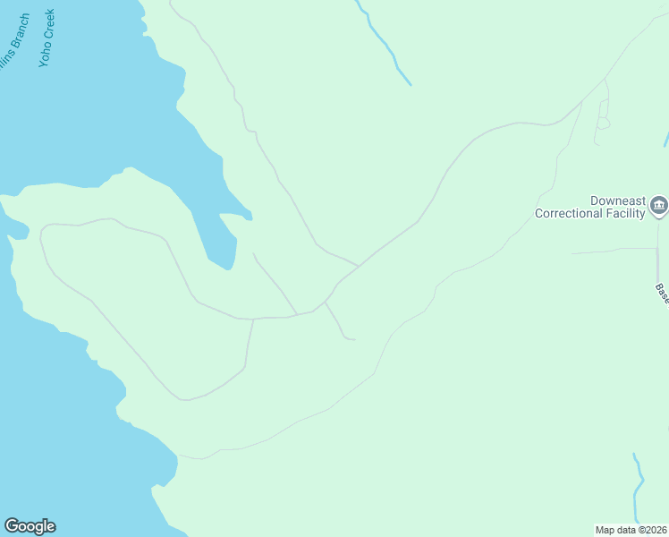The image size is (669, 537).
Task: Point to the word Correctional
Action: coord(575,213)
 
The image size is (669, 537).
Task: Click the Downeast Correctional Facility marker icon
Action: coord(659,206)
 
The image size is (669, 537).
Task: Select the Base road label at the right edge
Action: coord(662,294)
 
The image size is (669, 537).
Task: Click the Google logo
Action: coord(30,526)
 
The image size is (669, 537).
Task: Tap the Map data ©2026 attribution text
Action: coord(631,530)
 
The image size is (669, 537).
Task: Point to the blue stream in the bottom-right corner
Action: coord(638,488)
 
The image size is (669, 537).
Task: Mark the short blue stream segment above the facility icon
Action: coord(666,139)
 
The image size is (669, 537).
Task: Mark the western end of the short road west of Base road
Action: coord(572,253)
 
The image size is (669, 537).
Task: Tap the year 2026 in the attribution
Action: coord(657,530)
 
